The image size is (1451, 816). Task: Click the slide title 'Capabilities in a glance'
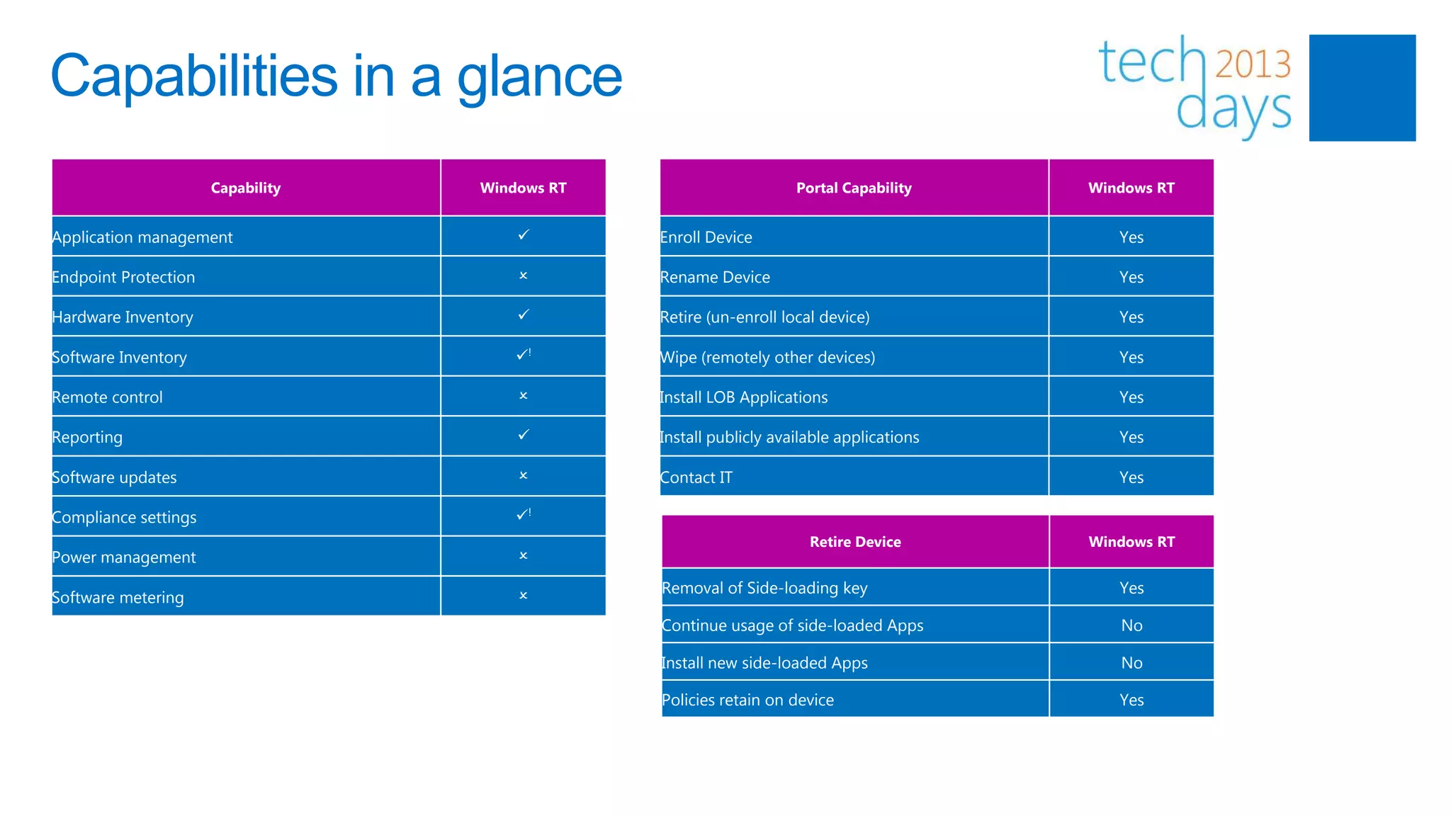336,76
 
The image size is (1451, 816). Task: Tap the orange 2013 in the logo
1253,64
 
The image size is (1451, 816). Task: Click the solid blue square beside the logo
1362,88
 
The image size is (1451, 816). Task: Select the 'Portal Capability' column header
853,188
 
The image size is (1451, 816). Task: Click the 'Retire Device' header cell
855,542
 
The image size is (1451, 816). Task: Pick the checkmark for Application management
524,234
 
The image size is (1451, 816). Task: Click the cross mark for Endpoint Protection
524,276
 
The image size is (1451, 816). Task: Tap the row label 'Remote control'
108,397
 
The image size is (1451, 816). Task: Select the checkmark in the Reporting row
524,434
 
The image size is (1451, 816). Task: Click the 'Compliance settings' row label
125,517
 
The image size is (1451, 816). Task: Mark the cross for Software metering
524,596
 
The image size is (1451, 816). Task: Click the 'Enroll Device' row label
706,237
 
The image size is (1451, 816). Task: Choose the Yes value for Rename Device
1131,277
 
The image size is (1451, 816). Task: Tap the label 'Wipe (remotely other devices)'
767,357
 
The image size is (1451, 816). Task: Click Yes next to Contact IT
1131,477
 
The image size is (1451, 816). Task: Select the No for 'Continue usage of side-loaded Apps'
1131,625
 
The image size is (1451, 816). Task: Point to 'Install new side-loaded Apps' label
764,663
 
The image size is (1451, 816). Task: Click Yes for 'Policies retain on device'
1131,700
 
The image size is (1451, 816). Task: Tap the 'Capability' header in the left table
246,188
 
